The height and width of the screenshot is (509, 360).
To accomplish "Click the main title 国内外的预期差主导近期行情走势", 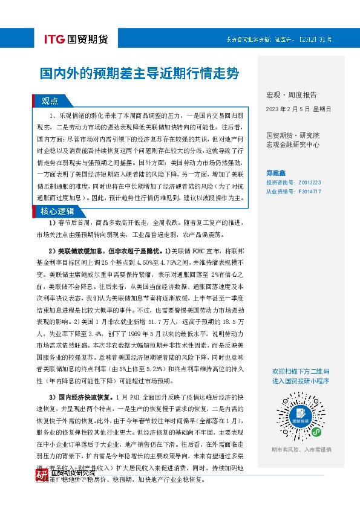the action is coord(139,74).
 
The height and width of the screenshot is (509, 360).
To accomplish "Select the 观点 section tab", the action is coord(50,101).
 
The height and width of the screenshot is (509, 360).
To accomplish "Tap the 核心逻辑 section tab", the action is coord(57,211).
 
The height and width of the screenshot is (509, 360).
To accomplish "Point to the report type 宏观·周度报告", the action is coord(291,95).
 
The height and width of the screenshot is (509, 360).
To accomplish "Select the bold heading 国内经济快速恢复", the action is coord(85,397).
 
